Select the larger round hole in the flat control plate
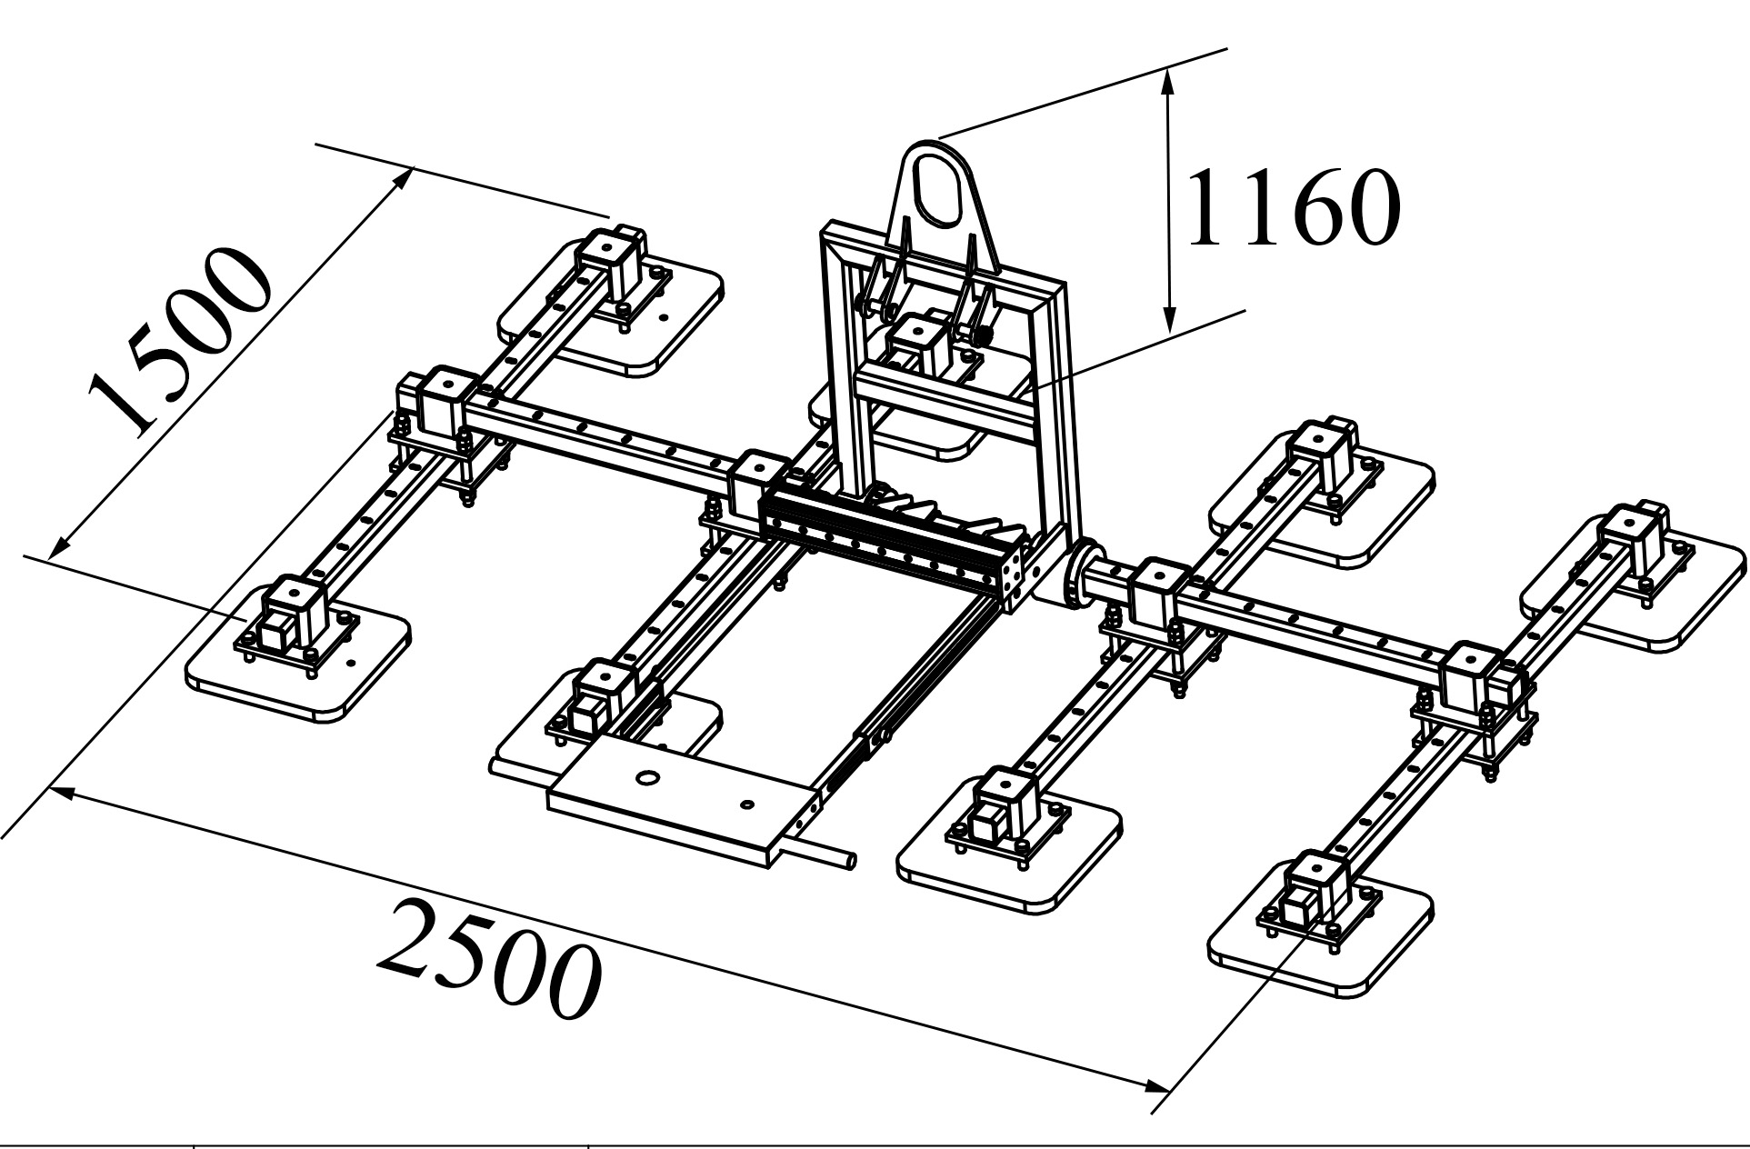647,778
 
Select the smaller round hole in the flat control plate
747,804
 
